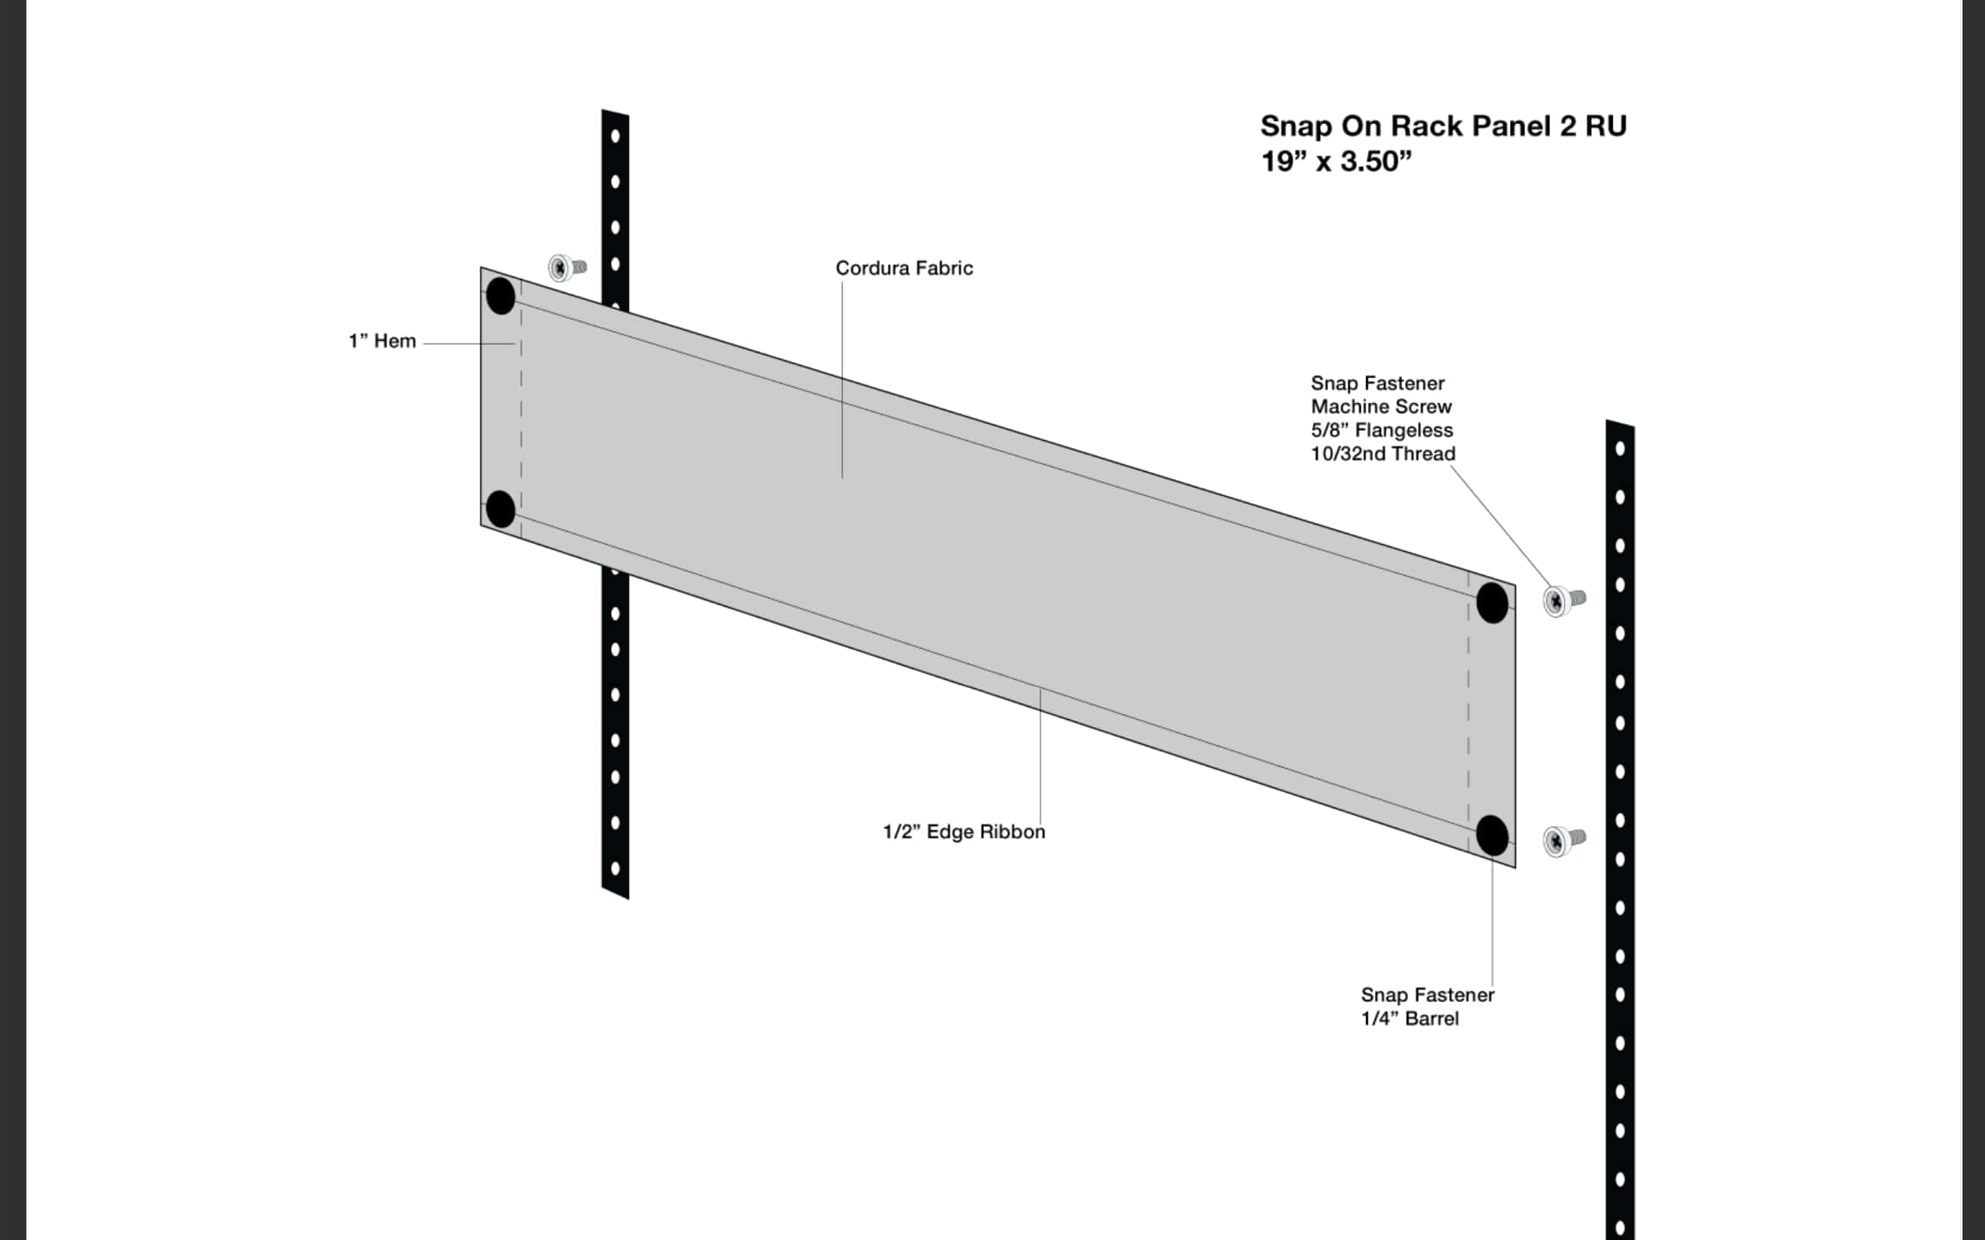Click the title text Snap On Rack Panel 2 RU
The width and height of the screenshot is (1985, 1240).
click(1443, 126)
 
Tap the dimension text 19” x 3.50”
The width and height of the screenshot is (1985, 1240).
click(1336, 161)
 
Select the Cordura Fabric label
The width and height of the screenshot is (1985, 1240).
click(904, 268)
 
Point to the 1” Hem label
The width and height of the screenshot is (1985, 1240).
click(382, 341)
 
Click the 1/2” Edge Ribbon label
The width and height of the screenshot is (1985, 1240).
click(964, 832)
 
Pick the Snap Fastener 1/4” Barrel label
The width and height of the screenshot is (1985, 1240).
click(1427, 1006)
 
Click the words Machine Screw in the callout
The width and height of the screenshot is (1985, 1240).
click(1381, 407)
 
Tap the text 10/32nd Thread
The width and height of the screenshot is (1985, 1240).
click(1383, 453)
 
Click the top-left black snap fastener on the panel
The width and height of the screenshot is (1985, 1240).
click(500, 295)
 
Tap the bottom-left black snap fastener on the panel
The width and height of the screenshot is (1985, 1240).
click(500, 509)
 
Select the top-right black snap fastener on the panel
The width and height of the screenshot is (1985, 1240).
click(1492, 603)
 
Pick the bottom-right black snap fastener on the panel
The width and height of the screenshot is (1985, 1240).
click(1492, 835)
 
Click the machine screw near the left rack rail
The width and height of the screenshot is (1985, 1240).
click(567, 267)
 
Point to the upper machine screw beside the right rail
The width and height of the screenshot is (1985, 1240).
click(1563, 601)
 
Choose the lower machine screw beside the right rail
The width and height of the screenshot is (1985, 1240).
click(1563, 841)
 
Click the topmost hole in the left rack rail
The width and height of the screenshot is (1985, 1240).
click(615, 136)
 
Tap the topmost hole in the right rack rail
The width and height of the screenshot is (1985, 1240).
click(1620, 449)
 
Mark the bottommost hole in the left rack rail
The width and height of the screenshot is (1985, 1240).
click(615, 868)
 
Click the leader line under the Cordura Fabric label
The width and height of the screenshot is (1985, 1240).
click(841, 380)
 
